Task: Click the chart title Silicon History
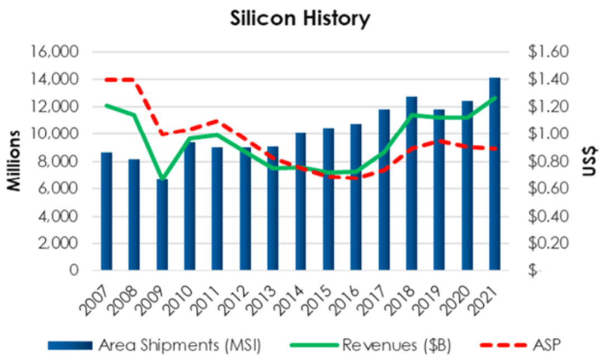click(x=300, y=19)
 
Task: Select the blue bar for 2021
click(x=494, y=174)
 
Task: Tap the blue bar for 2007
click(x=106, y=211)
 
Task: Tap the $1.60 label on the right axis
click(x=548, y=52)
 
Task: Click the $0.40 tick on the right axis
click(x=548, y=216)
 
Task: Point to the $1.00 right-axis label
click(x=548, y=134)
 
